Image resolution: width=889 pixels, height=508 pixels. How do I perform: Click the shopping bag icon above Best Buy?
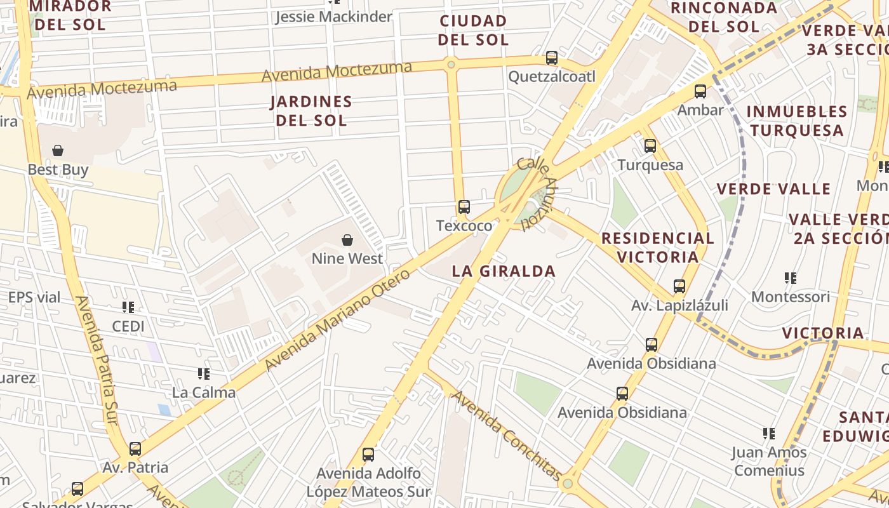tap(58, 150)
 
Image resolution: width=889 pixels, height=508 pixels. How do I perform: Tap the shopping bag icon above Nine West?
tap(347, 239)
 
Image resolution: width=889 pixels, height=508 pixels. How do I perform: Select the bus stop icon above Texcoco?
tap(464, 206)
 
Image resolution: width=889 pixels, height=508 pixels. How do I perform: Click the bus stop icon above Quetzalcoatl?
tap(552, 58)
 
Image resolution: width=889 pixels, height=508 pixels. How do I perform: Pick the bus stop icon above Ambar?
tap(700, 91)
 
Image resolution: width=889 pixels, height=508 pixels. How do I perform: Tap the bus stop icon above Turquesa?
tap(650, 146)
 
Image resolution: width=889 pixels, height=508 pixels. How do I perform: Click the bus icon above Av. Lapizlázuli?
tap(679, 286)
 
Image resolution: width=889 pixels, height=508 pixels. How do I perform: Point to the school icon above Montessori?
tap(791, 277)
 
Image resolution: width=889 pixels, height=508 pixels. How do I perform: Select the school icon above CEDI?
tap(128, 307)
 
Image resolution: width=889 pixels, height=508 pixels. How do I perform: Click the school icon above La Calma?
tap(204, 373)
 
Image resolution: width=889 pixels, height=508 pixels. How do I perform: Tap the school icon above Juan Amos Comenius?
tap(769, 434)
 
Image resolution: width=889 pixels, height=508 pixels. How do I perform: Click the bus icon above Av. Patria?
tap(135, 449)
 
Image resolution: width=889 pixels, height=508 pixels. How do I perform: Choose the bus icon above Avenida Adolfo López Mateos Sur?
tap(368, 455)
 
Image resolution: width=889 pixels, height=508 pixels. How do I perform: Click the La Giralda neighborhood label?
tap(504, 271)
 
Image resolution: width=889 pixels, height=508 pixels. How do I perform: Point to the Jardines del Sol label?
tap(311, 110)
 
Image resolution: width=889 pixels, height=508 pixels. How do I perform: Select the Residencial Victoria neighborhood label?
tap(657, 248)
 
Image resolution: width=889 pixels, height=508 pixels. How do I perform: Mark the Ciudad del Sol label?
tap(474, 30)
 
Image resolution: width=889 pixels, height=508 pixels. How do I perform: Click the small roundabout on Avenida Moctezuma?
tap(451, 64)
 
